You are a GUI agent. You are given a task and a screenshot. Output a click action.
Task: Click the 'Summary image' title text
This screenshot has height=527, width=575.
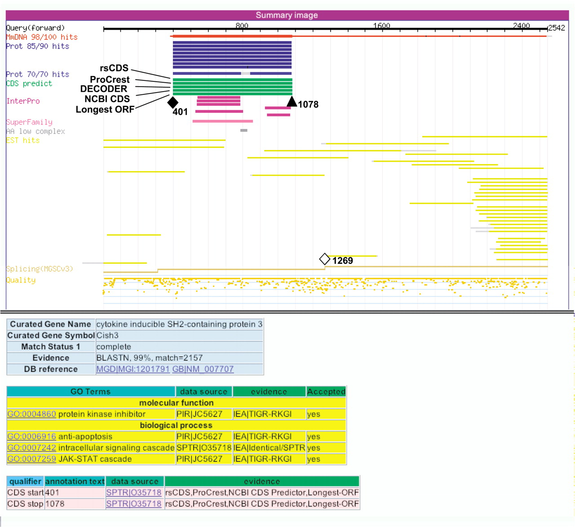(287, 15)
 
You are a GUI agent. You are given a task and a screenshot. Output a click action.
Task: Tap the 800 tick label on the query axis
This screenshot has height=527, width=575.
(242, 26)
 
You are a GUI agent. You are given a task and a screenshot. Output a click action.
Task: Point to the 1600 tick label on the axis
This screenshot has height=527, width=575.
(381, 26)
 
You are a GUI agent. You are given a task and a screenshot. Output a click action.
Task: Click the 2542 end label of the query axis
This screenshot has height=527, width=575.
(557, 28)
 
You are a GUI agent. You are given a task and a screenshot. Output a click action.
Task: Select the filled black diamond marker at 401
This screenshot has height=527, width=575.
(173, 102)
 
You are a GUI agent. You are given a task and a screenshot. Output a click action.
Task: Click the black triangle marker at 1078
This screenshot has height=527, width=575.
(292, 101)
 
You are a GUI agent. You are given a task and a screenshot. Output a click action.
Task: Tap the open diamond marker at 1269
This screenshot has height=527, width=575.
(325, 259)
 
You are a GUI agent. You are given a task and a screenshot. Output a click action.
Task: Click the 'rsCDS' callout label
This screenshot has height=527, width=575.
(114, 68)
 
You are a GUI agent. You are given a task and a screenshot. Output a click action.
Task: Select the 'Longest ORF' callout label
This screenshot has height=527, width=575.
(105, 109)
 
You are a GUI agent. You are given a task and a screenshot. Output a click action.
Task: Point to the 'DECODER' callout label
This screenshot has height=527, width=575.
(103, 89)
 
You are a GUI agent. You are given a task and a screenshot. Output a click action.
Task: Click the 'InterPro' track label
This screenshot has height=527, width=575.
(23, 101)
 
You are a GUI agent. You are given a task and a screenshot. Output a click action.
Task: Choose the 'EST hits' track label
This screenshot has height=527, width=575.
(23, 140)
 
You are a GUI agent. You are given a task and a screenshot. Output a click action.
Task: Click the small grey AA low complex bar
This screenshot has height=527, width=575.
(243, 130)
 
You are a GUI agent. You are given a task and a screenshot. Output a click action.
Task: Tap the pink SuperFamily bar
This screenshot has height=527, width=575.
(223, 121)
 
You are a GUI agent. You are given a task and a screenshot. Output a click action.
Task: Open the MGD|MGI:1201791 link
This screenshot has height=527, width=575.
(133, 369)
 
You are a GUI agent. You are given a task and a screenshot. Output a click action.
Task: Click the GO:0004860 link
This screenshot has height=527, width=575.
(31, 414)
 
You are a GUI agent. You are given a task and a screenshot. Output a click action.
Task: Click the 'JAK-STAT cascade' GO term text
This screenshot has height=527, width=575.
(95, 459)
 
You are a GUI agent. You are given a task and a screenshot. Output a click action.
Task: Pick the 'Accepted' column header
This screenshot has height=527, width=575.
(326, 391)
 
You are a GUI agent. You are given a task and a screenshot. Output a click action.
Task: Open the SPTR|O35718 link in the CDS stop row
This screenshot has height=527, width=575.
(133, 504)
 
